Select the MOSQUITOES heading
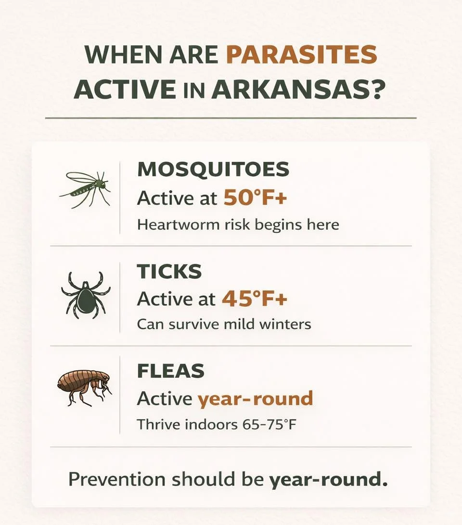[213, 170]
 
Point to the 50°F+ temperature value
[255, 198]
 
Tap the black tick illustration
[86, 293]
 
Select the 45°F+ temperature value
[254, 299]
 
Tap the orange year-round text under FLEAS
[255, 399]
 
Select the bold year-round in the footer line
[328, 480]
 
